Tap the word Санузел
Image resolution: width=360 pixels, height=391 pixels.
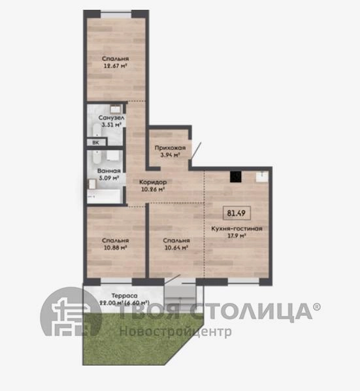coord(111,117)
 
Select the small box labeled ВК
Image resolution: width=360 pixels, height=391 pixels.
coord(96,142)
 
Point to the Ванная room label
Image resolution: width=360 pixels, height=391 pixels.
coord(109,171)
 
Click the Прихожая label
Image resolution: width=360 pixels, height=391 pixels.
coord(170,148)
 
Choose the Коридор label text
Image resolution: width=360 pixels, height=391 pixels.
coord(153,182)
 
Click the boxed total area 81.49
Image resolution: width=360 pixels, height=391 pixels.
coord(237,213)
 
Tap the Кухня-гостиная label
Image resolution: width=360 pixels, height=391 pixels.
coord(237,228)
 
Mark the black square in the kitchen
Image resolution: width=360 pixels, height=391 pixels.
coord(235,177)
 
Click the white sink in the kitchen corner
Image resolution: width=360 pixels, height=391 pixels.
coord(262,176)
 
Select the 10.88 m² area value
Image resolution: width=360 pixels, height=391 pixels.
coord(116,247)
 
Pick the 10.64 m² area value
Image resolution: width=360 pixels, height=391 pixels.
coord(176,247)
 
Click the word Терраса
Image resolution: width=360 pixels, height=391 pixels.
coord(124,296)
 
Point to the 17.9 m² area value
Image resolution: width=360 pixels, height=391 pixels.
coord(237,236)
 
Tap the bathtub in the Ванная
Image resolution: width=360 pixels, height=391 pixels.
coord(104,196)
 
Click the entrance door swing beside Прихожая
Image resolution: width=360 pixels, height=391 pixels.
coord(196,151)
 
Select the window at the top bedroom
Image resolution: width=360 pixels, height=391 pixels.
coord(116,14)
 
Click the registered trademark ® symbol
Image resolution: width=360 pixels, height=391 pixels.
coord(317,307)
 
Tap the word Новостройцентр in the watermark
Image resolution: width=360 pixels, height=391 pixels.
coord(176,332)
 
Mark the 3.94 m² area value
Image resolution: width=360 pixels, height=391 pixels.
coord(170,155)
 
